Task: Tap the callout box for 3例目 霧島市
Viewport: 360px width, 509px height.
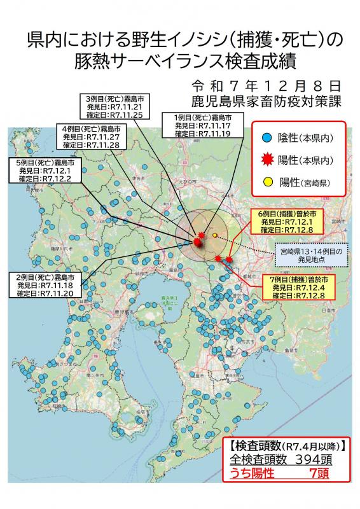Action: pos(114,108)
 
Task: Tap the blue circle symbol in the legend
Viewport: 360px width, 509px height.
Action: pos(268,137)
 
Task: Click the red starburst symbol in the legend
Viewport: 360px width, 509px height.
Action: pos(268,159)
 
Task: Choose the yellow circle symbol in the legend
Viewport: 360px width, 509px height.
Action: pos(268,184)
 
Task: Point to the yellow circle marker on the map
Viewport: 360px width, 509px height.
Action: pos(215,235)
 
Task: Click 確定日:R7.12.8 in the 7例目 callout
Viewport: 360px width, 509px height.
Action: pos(298,296)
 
